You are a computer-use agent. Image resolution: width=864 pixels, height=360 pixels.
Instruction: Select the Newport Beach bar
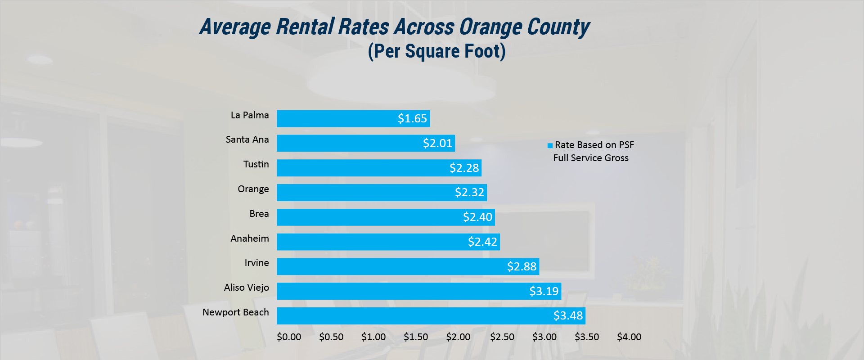[431, 316]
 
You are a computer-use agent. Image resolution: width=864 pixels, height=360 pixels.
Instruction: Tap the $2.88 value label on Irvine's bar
[522, 266]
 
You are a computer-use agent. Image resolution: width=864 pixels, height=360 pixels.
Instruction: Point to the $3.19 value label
[544, 291]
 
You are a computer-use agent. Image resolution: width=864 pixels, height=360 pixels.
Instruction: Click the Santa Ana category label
[247, 139]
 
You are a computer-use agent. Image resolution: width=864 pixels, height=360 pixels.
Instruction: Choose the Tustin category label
[256, 164]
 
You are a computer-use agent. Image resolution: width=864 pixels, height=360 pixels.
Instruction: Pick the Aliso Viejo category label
[246, 288]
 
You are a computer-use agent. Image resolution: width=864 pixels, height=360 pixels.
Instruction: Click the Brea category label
[259, 214]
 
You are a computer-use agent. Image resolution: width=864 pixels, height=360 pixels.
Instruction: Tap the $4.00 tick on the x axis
[629, 337]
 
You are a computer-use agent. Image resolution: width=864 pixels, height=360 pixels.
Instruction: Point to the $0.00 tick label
[289, 337]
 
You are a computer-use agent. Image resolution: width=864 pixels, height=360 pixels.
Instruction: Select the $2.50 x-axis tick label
[502, 337]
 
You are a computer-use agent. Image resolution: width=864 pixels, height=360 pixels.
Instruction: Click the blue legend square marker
[550, 145]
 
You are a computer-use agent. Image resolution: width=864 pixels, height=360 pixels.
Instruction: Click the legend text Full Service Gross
[591, 158]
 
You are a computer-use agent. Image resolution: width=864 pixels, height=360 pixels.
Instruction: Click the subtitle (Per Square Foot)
[436, 51]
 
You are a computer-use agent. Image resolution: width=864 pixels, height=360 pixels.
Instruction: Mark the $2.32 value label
[469, 193]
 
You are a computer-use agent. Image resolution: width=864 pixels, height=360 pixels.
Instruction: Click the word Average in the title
[235, 27]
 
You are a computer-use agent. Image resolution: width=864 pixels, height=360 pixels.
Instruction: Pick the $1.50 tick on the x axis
[416, 337]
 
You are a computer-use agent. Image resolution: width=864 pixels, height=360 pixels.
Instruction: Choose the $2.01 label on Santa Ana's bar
[437, 143]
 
